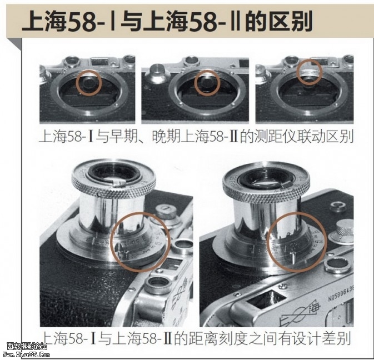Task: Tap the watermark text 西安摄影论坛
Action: pos(27,346)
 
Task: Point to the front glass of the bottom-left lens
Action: pos(114,173)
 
